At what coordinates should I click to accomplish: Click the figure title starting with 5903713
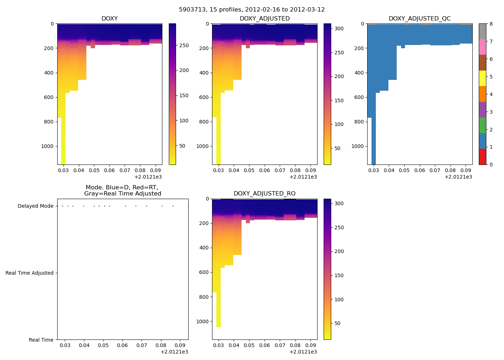tap(252, 10)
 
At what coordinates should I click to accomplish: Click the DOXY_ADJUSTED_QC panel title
tap(419, 18)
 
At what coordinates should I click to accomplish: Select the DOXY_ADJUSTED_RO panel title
tap(264, 193)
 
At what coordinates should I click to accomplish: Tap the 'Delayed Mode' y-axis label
tap(35, 206)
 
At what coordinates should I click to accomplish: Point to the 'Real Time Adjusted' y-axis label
tap(30, 273)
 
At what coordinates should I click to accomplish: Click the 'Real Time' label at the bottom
tap(41, 340)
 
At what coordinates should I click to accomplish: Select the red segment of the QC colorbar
tap(482, 157)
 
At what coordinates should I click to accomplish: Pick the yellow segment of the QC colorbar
tap(482, 78)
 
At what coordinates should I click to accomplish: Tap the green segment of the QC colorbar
tap(482, 125)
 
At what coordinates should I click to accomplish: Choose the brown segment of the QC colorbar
tap(482, 63)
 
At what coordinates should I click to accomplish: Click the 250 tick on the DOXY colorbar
tap(184, 45)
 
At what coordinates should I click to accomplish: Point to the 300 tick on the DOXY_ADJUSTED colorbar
tap(339, 28)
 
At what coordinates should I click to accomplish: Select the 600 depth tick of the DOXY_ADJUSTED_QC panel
tap(359, 97)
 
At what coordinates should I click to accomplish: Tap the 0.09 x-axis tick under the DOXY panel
tap(156, 170)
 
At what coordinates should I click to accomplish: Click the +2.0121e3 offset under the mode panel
tap(174, 352)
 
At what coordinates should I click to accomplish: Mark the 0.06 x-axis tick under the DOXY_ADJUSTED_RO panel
tap(265, 345)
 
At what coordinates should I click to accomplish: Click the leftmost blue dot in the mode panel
tap(62, 206)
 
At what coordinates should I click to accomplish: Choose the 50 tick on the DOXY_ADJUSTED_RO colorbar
tap(337, 323)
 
